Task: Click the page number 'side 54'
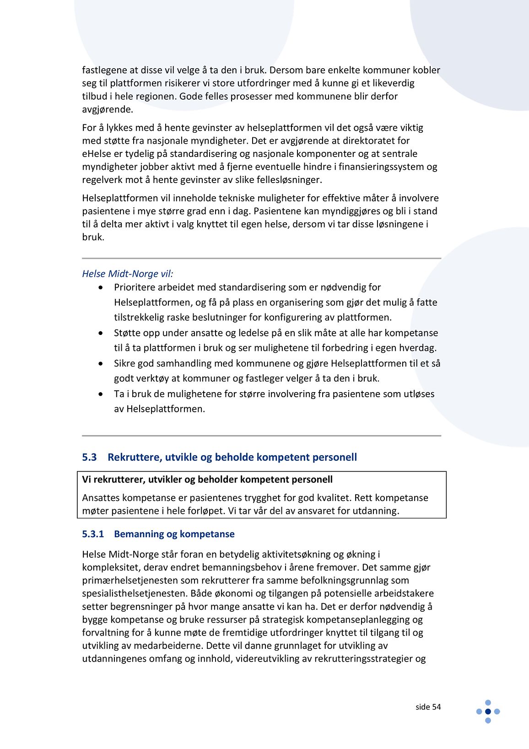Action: (428, 707)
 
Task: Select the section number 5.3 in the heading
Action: (89, 457)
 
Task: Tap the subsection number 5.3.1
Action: (93, 534)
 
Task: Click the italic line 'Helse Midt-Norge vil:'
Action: (127, 274)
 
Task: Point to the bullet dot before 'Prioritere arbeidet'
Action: (101, 287)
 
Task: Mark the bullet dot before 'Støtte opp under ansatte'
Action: (101, 333)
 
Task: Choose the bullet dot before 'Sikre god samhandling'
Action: (101, 363)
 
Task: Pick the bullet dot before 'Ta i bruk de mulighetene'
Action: (101, 394)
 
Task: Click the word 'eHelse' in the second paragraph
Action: (96, 154)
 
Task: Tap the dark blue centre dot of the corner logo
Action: (488, 711)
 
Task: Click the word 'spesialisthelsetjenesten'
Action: (135, 593)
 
